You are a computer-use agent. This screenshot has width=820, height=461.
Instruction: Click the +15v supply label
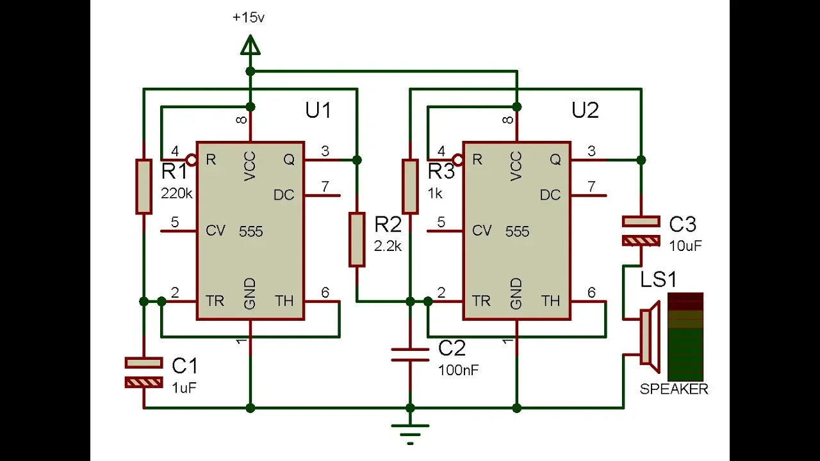[x=248, y=17]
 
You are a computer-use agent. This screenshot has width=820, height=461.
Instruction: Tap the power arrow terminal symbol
[x=250, y=45]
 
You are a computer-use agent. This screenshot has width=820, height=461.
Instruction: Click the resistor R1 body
[x=144, y=186]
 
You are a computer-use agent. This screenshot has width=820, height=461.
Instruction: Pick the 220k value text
[x=176, y=193]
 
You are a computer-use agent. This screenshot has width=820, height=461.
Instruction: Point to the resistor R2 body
[x=357, y=239]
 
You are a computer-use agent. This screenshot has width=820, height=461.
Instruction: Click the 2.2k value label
[x=388, y=247]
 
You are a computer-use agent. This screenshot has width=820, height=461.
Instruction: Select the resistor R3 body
[x=410, y=186]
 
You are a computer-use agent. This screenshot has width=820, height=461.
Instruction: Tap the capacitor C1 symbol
[x=144, y=373]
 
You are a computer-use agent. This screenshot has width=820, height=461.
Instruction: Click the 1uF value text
[x=184, y=388]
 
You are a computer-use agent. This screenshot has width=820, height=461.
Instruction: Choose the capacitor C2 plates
[x=410, y=355]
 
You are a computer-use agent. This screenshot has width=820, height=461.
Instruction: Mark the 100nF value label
[x=458, y=370]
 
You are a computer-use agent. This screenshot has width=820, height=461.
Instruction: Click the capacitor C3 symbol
[x=641, y=231]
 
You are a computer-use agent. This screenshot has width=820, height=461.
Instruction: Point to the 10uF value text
[x=685, y=247]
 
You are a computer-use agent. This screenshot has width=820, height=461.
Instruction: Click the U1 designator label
[x=318, y=110]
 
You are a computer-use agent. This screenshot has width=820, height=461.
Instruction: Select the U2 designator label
[x=585, y=110]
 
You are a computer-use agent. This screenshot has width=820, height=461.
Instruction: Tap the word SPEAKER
[x=674, y=389]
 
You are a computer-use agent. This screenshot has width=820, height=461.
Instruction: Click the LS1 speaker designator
[x=658, y=280]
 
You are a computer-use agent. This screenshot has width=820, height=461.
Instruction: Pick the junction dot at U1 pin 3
[x=357, y=160]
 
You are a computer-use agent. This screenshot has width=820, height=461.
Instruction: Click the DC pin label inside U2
[x=550, y=195]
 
